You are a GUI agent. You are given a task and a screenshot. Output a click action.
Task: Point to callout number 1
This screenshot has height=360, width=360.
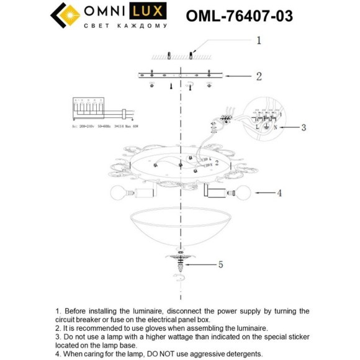tap(259, 40)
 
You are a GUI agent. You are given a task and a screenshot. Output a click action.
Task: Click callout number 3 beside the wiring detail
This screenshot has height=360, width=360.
tap(304, 128)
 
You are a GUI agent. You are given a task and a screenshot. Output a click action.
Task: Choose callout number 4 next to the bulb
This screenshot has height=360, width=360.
tap(279, 193)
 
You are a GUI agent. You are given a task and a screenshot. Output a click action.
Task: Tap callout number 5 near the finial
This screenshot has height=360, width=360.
tap(220, 264)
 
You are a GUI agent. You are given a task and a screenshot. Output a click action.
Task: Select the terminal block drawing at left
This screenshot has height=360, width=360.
tap(88, 111)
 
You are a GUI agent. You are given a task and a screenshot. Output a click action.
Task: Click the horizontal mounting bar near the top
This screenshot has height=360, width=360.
tap(181, 76)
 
